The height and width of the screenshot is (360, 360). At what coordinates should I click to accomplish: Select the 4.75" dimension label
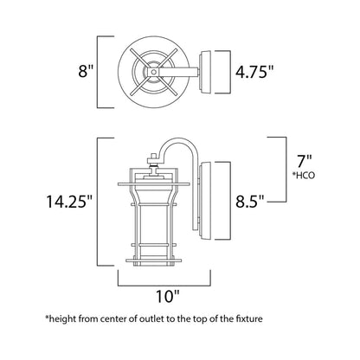[258, 71]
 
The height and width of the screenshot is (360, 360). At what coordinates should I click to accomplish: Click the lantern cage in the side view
[155, 212]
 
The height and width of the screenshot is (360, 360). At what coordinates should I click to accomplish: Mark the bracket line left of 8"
[97, 71]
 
